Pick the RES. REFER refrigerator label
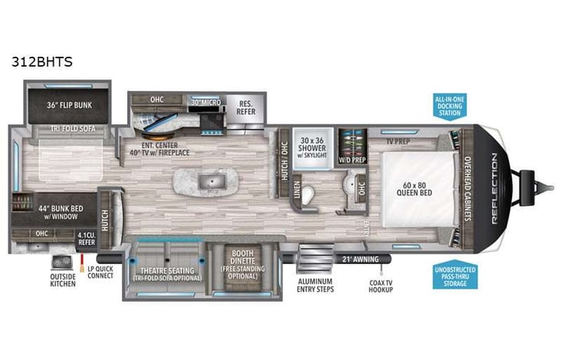(x=246, y=107)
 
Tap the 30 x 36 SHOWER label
(x=313, y=146)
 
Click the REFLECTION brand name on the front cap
(x=493, y=189)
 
